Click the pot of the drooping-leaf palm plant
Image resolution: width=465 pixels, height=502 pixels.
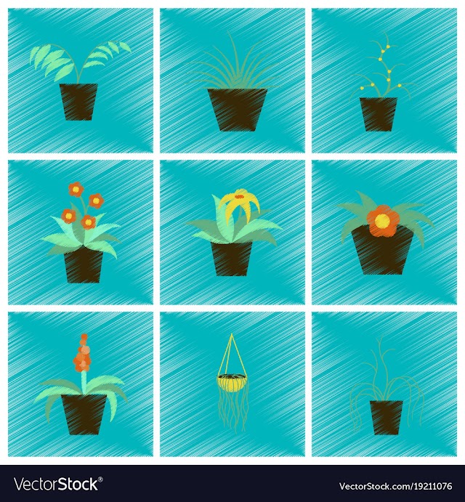coord(78,102)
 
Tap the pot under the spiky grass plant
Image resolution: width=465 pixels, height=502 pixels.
coord(238,110)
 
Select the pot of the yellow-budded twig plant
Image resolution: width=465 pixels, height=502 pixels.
coord(379,114)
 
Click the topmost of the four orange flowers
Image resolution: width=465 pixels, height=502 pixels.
coord(76,189)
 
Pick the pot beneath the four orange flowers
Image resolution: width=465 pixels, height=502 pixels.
coord(84,265)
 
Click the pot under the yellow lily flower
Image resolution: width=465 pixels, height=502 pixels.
coord(231,259)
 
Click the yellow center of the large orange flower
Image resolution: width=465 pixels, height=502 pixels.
coord(382,221)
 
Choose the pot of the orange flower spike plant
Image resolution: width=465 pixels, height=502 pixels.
coord(84,414)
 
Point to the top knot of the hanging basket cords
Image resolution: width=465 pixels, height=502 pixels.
coord(232,336)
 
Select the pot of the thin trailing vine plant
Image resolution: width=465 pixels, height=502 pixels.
coord(387,418)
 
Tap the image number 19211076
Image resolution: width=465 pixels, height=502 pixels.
coord(427,487)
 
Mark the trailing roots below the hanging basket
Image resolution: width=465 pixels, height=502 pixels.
coord(233,410)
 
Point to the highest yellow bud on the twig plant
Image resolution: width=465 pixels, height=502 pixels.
coord(388,46)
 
